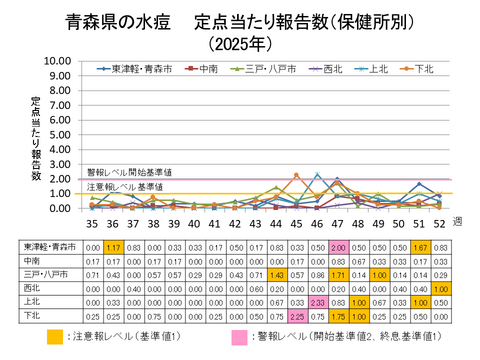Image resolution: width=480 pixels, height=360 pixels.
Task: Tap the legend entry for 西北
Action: [328, 69]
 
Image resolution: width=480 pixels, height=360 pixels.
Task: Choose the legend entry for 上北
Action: [376, 69]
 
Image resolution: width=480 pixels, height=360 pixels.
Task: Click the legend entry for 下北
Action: [423, 69]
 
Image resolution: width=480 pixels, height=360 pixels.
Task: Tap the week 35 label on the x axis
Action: [91, 223]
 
